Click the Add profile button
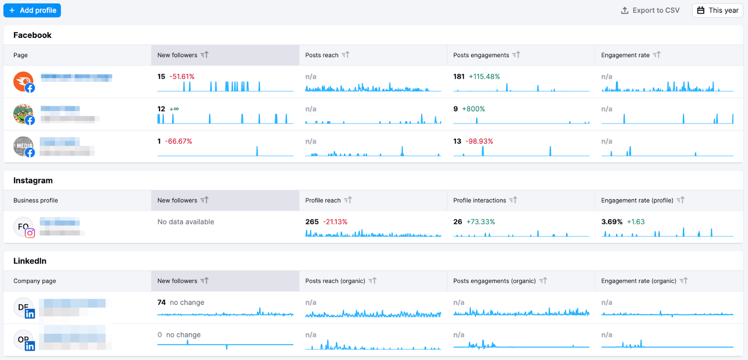coord(32,10)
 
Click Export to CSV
coord(650,10)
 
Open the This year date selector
coord(718,10)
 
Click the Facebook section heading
coord(32,35)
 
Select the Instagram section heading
coord(33,180)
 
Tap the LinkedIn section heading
coord(30,261)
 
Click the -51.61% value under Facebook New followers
coord(182,77)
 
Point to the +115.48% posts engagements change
coord(484,77)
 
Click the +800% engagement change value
coord(474,109)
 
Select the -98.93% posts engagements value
coord(479,141)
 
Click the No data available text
coord(186,222)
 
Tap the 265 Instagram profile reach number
coord(312,222)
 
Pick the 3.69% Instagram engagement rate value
coord(611,222)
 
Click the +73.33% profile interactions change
coord(481,222)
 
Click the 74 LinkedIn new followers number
coord(161,302)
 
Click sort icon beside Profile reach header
coord(348,200)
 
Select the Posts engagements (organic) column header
coord(494,281)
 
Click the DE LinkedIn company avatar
coord(23,308)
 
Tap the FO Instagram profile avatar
coord(23,227)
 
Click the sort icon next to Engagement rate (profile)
coord(681,200)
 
